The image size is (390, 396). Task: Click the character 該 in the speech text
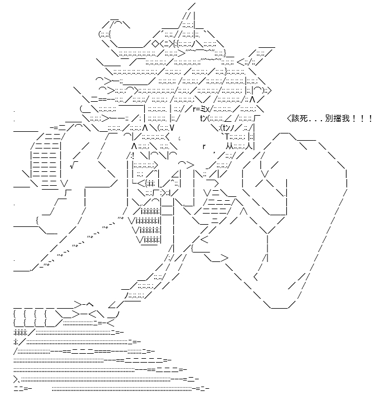(296, 118)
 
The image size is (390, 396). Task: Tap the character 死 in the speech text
(304, 118)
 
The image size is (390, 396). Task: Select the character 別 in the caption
(329, 118)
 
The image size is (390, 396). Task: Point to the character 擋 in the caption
(338, 118)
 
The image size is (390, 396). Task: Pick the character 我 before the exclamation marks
(345, 118)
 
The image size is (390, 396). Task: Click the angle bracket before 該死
(289, 118)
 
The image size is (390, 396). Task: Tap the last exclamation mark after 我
(370, 118)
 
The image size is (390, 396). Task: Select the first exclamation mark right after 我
(354, 118)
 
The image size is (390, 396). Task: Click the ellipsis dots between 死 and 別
(316, 121)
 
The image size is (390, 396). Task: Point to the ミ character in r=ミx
(203, 109)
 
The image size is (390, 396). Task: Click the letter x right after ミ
(208, 110)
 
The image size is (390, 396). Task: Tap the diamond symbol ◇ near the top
(155, 44)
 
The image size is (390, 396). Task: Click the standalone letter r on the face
(204, 146)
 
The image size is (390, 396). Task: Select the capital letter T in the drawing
(227, 137)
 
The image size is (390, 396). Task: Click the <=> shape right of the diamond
(168, 44)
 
